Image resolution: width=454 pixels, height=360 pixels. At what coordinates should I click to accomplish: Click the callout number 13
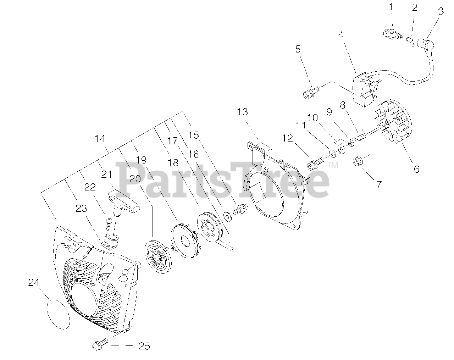(243, 112)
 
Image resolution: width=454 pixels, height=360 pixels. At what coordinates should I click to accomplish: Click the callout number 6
(416, 169)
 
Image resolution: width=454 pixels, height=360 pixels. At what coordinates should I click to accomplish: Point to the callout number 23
(81, 209)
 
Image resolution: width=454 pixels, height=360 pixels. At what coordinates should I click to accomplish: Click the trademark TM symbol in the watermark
(333, 165)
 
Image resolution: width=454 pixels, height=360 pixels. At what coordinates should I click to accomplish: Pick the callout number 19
(141, 160)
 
